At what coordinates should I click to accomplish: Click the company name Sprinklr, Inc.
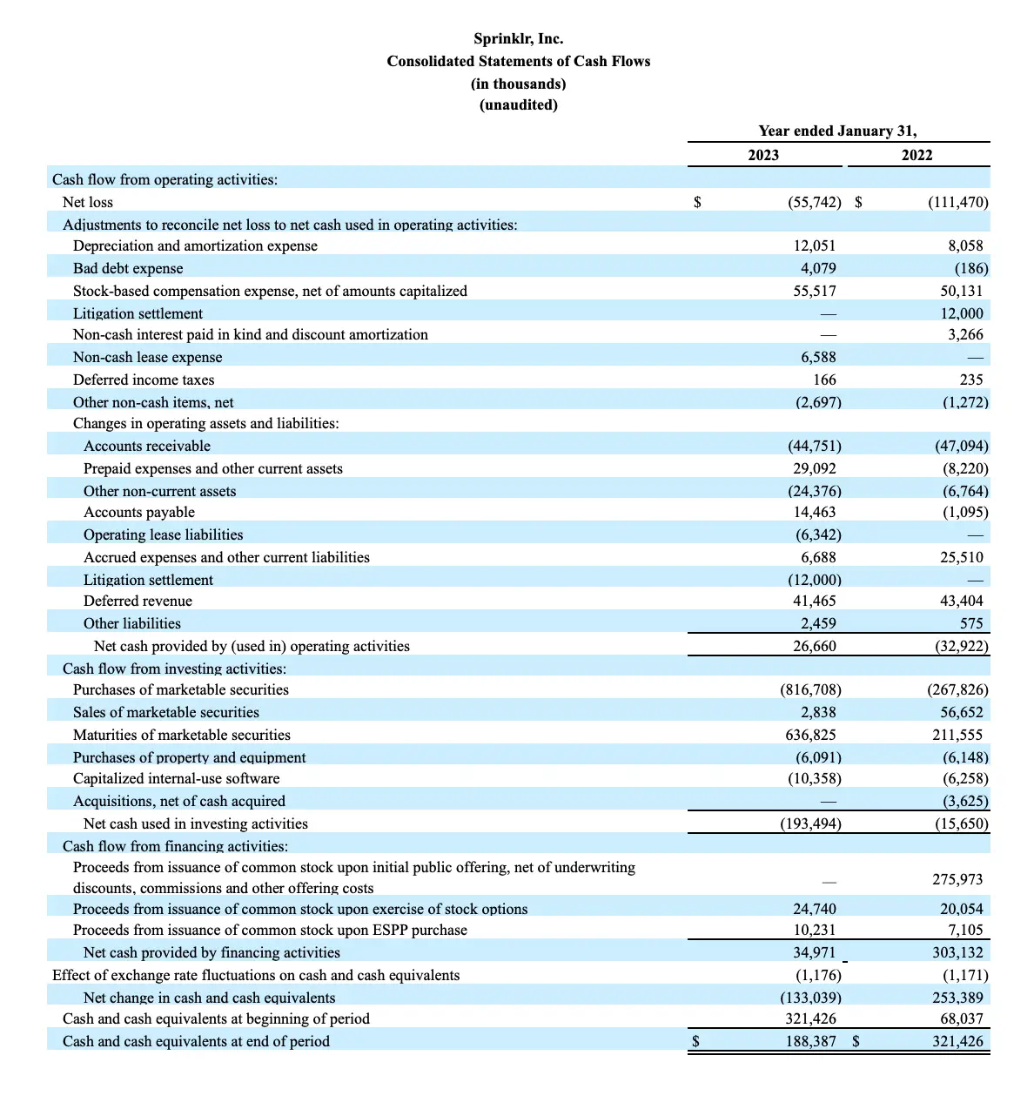click(x=518, y=39)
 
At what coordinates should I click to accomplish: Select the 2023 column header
click(x=763, y=155)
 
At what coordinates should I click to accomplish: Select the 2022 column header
click(x=916, y=155)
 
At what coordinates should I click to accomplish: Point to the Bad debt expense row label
click(x=128, y=268)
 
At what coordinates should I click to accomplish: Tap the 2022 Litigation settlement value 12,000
click(x=962, y=313)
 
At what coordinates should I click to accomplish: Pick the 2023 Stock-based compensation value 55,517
click(x=815, y=291)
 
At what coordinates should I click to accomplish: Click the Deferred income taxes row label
click(x=144, y=380)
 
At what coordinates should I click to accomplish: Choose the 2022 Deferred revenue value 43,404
click(x=962, y=601)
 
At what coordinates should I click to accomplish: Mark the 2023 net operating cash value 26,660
click(x=815, y=646)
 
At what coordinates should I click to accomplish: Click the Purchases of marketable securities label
click(x=181, y=689)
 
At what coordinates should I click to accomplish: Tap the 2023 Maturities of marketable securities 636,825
click(x=811, y=735)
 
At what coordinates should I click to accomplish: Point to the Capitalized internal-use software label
click(x=177, y=778)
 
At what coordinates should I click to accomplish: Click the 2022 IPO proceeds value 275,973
click(x=957, y=879)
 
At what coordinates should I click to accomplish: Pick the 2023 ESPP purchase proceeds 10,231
click(x=815, y=930)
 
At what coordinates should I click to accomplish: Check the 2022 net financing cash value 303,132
click(x=957, y=952)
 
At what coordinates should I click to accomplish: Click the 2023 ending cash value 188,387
click(x=811, y=1041)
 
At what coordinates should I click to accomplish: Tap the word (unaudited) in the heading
click(x=518, y=105)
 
